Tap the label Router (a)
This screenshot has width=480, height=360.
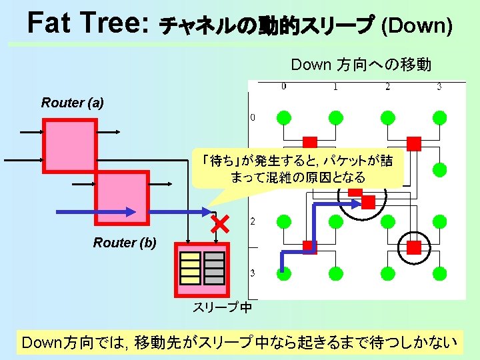tap(73, 102)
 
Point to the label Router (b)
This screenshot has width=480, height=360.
tap(125, 243)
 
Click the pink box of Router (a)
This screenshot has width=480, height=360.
tap(69, 145)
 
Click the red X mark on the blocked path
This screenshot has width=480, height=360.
tap(219, 225)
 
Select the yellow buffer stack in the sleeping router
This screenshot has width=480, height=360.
tap(191, 267)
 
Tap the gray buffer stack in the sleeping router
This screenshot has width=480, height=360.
tap(214, 267)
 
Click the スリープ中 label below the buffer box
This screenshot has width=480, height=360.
tap(222, 307)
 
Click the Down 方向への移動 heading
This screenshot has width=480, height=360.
tap(361, 65)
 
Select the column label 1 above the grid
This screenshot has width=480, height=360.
tap(335, 86)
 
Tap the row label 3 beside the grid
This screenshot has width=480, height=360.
tap(252, 273)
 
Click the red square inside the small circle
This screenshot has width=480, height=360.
tap(413, 247)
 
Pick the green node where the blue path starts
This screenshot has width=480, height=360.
tap(284, 272)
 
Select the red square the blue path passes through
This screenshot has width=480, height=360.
tap(309, 247)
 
